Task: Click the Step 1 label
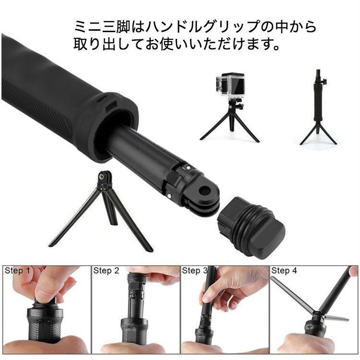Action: pyautogui.click(x=17, y=271)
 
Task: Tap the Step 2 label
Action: pyautogui.click(x=106, y=271)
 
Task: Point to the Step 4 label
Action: pyautogui.click(x=284, y=271)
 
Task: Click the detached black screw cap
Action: pyautogui.click(x=251, y=227)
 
